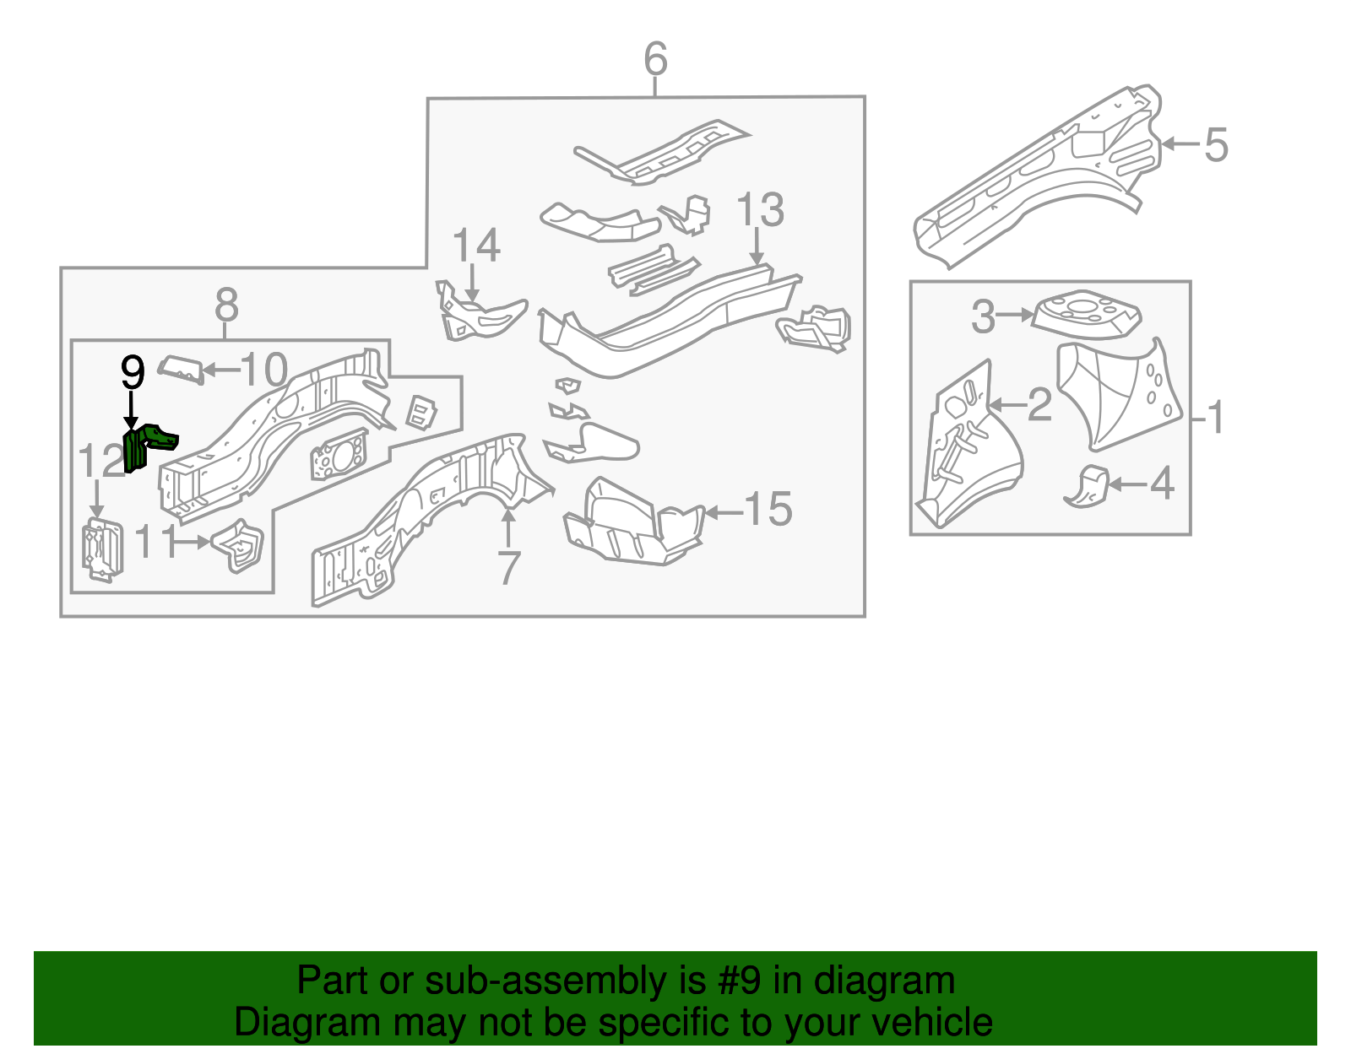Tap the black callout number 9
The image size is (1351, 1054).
point(133,372)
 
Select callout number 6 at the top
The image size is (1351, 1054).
point(655,59)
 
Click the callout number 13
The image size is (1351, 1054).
point(760,210)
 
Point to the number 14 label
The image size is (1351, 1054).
point(476,246)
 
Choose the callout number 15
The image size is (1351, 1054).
point(768,510)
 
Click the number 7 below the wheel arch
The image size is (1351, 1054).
point(507,568)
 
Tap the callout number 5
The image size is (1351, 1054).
point(1216,144)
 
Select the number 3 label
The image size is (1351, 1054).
point(983,316)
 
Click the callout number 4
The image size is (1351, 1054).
point(1162,484)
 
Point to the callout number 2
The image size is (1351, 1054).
point(1039,405)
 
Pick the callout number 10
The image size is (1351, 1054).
point(264,370)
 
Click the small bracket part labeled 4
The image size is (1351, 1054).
point(1088,486)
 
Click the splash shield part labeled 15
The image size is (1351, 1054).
point(632,523)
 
